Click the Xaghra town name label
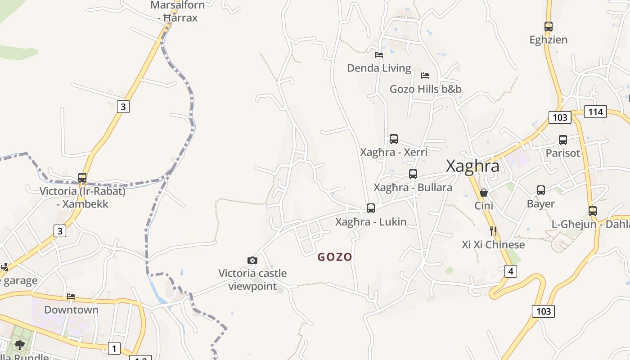[x=472, y=166]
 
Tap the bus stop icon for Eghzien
[x=548, y=27]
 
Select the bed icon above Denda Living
[x=379, y=55]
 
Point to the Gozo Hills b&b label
[x=425, y=89]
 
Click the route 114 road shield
[x=595, y=112]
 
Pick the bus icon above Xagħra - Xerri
[x=394, y=139]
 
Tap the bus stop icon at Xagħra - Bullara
[x=413, y=174]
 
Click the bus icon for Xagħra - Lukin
[x=371, y=208]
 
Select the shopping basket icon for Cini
[x=484, y=193]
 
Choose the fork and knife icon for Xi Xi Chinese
[x=493, y=231]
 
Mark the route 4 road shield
[x=510, y=271]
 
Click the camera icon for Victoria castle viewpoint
[x=252, y=260]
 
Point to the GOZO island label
[x=335, y=257]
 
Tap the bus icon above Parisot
[x=563, y=140]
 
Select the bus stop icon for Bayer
[x=541, y=190]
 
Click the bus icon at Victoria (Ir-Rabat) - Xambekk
[x=82, y=178]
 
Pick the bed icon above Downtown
[x=71, y=297]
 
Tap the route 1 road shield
[x=114, y=348]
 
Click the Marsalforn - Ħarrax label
[x=178, y=12]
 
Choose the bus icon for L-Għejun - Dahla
[x=593, y=211]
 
